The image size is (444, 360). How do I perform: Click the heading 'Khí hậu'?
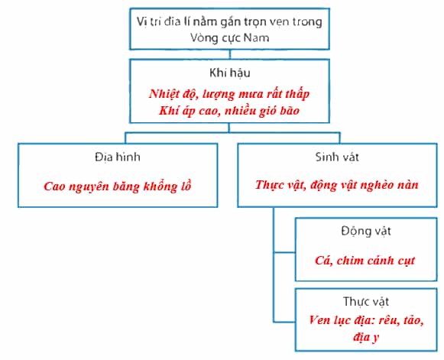pos(230,73)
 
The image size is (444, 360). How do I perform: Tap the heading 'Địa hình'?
pos(118,157)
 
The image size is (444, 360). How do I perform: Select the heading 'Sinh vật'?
pos(337,157)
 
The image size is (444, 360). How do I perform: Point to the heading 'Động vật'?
pos(366,231)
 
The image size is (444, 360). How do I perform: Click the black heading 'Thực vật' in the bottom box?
pos(366,301)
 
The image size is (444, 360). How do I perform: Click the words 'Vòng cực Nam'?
pos(229,37)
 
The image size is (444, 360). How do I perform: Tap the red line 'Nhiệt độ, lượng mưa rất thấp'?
pos(229,94)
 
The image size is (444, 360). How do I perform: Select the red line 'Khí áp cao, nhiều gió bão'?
pos(229,111)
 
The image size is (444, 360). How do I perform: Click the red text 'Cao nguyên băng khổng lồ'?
pos(118,186)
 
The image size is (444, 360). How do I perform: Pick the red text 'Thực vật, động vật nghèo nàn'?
pos(337,185)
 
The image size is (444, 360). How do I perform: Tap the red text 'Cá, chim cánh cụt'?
pos(365,261)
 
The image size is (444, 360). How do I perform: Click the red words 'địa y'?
pos(366,337)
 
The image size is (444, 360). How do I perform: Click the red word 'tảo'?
pos(413,320)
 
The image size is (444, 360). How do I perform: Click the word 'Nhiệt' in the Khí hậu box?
pos(164,94)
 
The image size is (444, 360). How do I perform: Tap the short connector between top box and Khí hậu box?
pos(230,54)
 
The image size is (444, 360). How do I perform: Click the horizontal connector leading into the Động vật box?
pos(284,252)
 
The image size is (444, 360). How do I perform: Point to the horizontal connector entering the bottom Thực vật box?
pos(284,322)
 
